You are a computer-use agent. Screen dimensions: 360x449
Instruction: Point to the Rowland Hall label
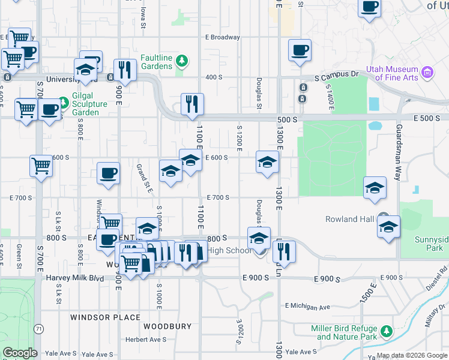pos(350,219)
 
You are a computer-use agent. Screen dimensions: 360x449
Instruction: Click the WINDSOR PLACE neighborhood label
pos(105,317)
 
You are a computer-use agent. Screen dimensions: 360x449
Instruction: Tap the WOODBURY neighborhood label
pos(167,326)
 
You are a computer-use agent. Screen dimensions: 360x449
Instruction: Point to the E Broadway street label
pos(222,37)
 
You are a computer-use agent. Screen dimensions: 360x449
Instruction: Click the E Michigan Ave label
pos(308,306)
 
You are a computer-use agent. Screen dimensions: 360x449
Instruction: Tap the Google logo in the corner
pos(20,353)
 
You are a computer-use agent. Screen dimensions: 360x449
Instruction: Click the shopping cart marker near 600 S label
pos(41,165)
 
